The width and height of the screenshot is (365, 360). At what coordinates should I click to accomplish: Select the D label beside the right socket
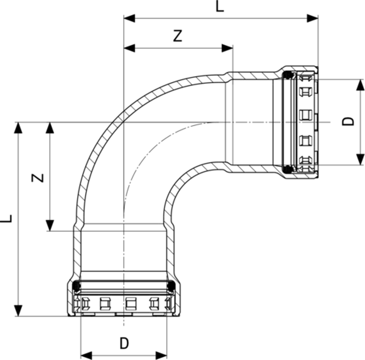[349, 121]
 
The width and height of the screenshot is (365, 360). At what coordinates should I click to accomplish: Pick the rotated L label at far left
[6, 218]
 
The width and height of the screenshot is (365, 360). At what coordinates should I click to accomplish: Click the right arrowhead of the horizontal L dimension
[313, 18]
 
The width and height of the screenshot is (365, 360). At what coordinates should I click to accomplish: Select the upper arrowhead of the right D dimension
[360, 85]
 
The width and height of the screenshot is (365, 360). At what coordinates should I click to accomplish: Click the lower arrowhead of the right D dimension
[360, 159]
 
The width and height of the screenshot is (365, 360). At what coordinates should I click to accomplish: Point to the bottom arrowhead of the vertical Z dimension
[50, 225]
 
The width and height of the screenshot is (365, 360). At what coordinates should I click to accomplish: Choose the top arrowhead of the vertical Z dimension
[50, 128]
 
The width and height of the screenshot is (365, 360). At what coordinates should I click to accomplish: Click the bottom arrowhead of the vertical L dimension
[18, 310]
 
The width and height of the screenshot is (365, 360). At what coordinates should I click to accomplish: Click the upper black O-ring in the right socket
[288, 75]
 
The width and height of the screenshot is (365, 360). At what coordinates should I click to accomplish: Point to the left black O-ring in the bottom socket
[77, 286]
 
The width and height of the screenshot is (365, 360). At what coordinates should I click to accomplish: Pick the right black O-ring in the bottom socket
[171, 286]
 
